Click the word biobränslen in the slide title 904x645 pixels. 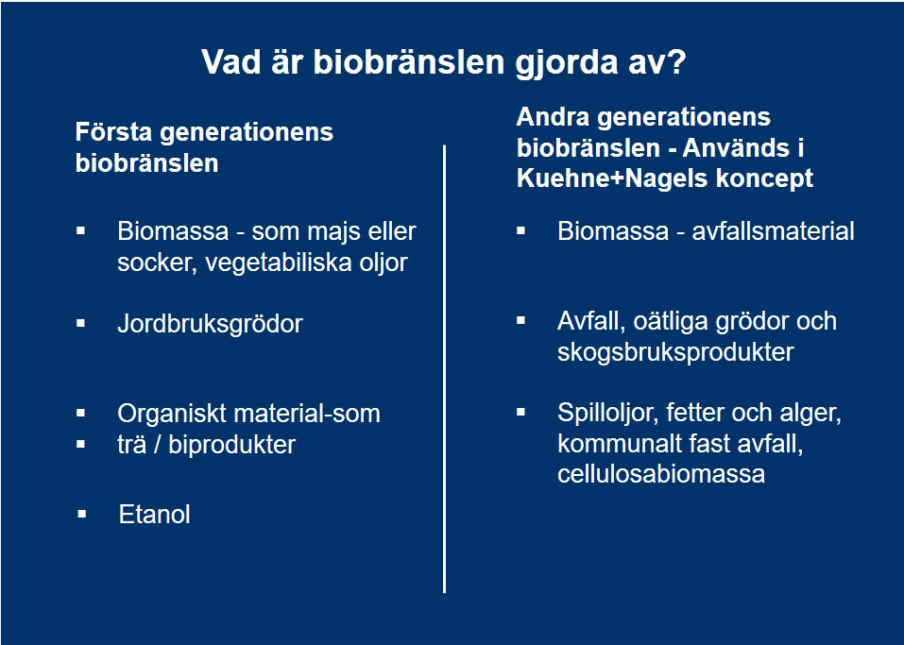point(409,61)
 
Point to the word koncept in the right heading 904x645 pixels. point(764,179)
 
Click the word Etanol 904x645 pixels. point(155,514)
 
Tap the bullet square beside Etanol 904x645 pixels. point(82,514)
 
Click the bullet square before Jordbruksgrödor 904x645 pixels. point(80,323)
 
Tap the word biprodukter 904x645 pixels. point(232,445)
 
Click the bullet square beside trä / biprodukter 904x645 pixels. point(80,445)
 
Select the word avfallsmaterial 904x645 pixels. point(773,231)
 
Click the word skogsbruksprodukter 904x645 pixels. point(675,352)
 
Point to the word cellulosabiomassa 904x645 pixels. point(661,474)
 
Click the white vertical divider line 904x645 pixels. point(445,369)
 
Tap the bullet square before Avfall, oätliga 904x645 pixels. point(521,320)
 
